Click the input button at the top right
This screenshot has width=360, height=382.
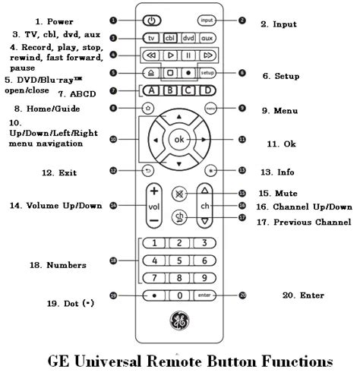point(205,20)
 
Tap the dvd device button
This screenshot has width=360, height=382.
point(187,37)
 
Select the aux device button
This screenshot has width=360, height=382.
point(206,37)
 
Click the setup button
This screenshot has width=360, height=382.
point(207,73)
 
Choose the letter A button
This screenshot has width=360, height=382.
point(150,91)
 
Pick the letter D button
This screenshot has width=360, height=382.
point(205,91)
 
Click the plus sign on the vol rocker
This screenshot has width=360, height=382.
point(153,191)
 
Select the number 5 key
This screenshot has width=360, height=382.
point(179,260)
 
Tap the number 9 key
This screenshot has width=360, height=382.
point(204,277)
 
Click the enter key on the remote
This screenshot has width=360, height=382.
point(204,295)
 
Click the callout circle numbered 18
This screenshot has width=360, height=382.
point(113,260)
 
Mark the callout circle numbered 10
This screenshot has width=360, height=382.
point(113,140)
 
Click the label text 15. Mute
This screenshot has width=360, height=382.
point(278,193)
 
